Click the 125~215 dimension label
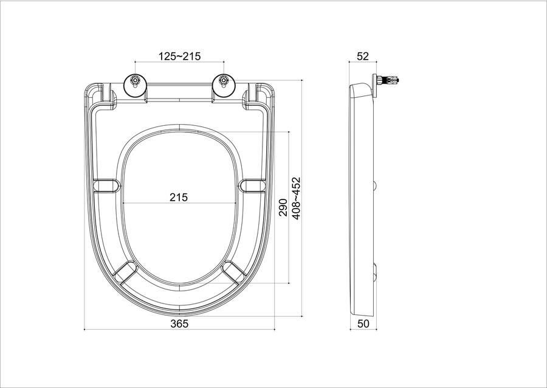[180, 56]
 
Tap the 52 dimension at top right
[363, 56]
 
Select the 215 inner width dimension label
[179, 197]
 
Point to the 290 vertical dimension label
[283, 207]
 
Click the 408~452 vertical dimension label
[296, 198]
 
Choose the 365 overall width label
[179, 324]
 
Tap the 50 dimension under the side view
[363, 324]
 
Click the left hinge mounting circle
[135, 85]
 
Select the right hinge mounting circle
[223, 85]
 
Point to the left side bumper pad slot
[107, 185]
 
